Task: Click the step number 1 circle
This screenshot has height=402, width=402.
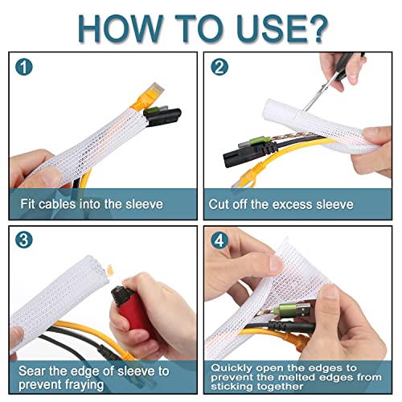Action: click(24, 67)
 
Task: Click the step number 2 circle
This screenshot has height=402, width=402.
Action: click(219, 67)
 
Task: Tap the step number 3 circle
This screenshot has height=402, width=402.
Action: click(24, 240)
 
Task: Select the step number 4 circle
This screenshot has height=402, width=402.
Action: click(219, 240)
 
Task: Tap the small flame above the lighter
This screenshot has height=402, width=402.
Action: click(110, 269)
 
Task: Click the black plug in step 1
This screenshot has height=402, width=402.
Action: click(163, 117)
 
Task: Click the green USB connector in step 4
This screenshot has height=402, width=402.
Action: click(292, 310)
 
